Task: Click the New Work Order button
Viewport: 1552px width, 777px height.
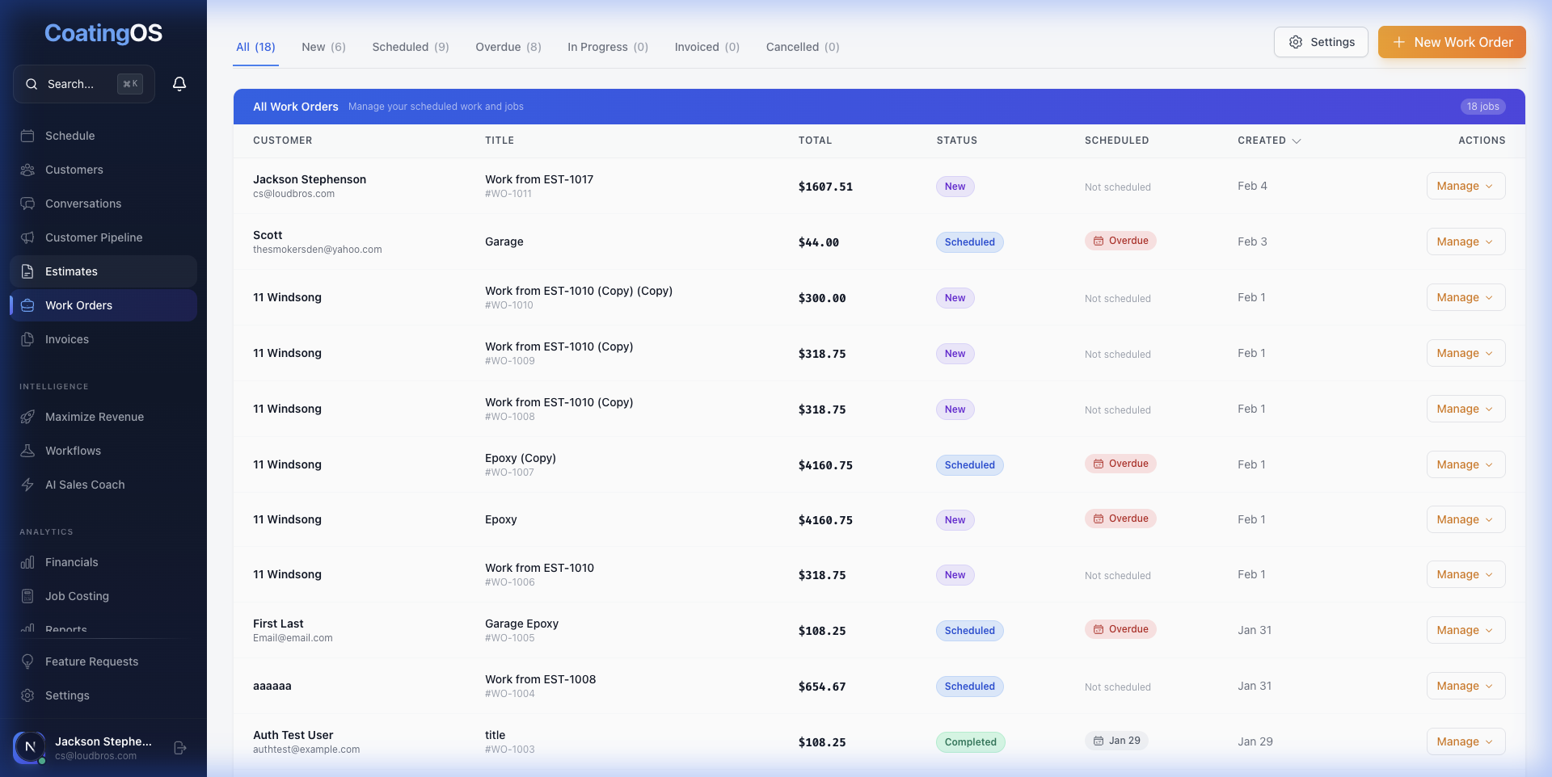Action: click(x=1452, y=42)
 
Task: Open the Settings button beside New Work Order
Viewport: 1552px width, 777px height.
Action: click(x=1321, y=42)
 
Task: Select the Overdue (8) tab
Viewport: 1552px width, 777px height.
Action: click(x=508, y=47)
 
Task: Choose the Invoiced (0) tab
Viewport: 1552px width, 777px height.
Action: click(x=706, y=47)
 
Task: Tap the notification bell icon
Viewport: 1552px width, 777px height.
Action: click(x=179, y=84)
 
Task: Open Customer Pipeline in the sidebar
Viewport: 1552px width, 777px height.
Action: click(x=94, y=237)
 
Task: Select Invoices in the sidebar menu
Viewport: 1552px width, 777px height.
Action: click(x=67, y=339)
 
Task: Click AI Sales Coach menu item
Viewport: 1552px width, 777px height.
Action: click(x=85, y=485)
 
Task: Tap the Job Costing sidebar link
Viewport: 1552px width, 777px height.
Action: click(x=77, y=596)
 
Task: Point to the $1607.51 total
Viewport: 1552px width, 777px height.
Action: click(x=825, y=187)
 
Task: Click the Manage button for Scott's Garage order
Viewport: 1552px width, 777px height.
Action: click(x=1465, y=241)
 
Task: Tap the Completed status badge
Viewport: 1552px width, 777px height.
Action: click(x=970, y=742)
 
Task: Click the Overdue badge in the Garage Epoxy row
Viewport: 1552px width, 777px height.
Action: click(x=1120, y=629)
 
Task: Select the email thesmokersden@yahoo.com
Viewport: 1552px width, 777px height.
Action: click(x=317, y=250)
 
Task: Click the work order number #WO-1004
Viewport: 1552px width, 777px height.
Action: click(x=509, y=694)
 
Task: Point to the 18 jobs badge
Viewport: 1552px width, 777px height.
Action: click(x=1482, y=107)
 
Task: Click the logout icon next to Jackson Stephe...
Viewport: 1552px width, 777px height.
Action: click(x=180, y=748)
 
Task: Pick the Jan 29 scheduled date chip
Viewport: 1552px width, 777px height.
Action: click(x=1116, y=741)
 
